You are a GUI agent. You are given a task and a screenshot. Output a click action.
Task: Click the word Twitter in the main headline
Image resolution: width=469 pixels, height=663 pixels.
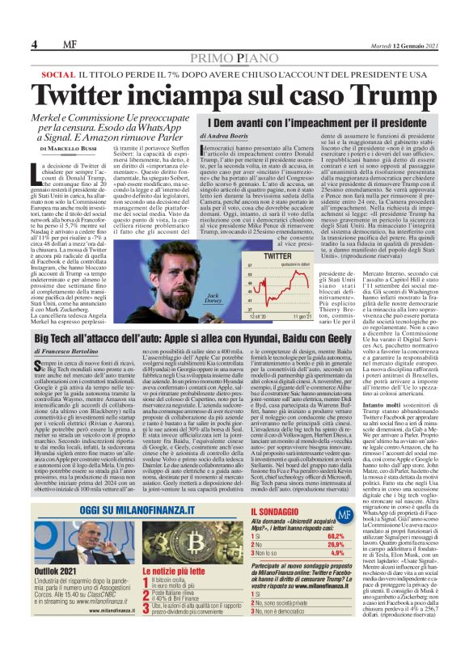coord(123,98)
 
